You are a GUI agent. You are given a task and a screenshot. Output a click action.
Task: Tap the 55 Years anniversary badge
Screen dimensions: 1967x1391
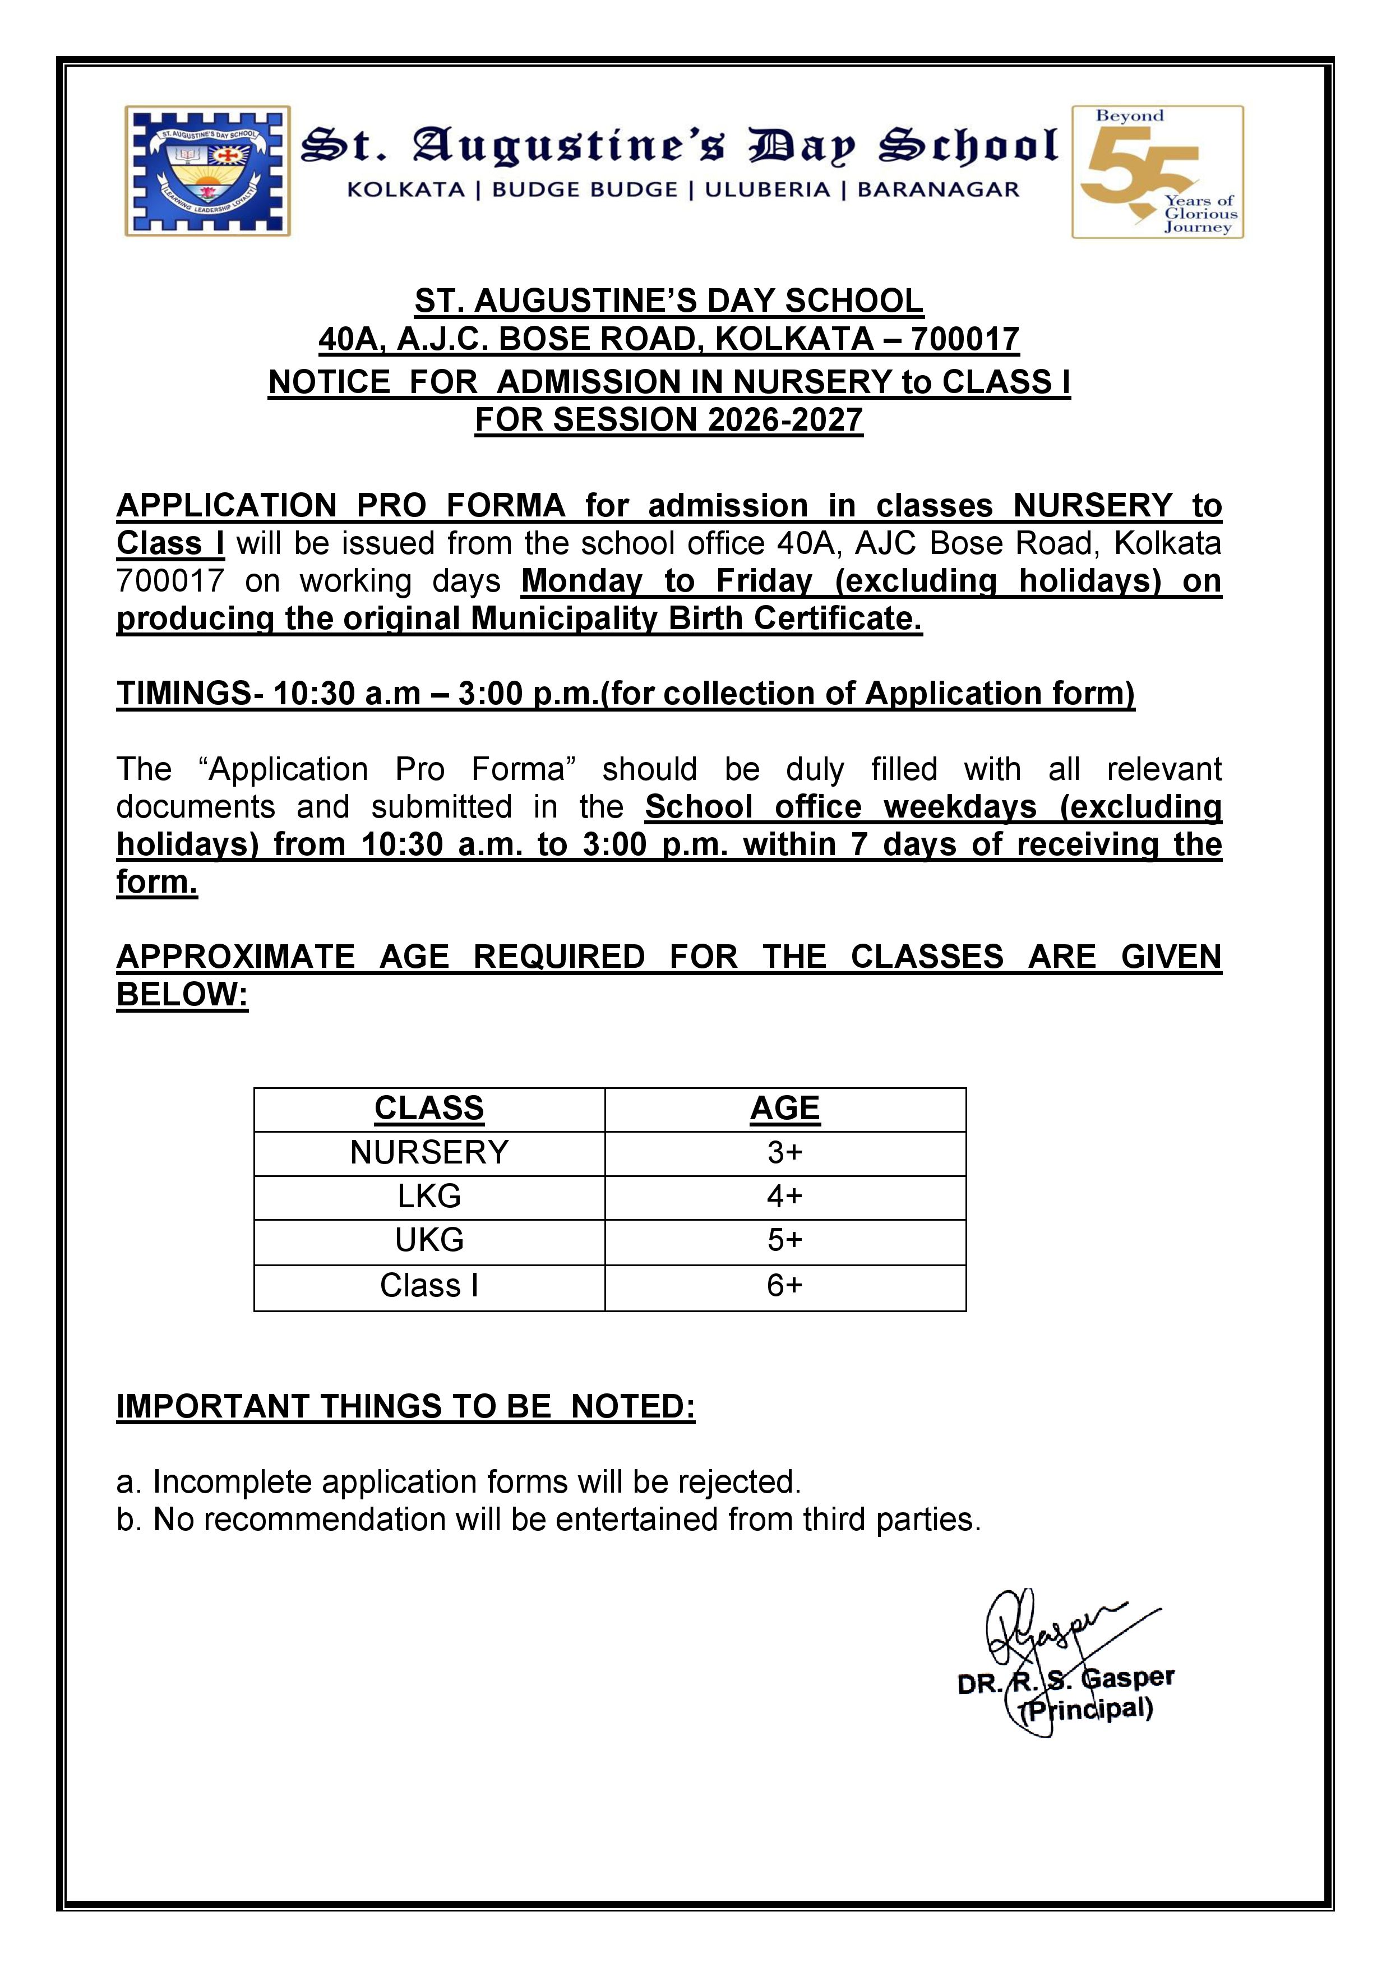pos(1157,172)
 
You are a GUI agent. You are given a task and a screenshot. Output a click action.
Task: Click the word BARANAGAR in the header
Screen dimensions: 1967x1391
pos(938,190)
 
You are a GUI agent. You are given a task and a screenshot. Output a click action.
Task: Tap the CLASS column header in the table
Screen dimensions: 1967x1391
pos(429,1108)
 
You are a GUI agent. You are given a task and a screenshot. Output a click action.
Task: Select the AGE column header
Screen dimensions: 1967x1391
pos(784,1108)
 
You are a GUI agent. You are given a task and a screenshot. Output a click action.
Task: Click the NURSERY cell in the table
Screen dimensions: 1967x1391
pos(429,1152)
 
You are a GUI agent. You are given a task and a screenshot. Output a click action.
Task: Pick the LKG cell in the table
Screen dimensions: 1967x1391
pos(429,1196)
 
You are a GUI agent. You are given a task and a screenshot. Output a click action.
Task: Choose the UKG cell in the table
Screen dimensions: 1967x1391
pos(429,1240)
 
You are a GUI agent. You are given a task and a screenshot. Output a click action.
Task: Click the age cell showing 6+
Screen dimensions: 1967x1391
pos(784,1285)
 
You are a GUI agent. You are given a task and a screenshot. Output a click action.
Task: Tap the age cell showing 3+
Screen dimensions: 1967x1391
pos(784,1152)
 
